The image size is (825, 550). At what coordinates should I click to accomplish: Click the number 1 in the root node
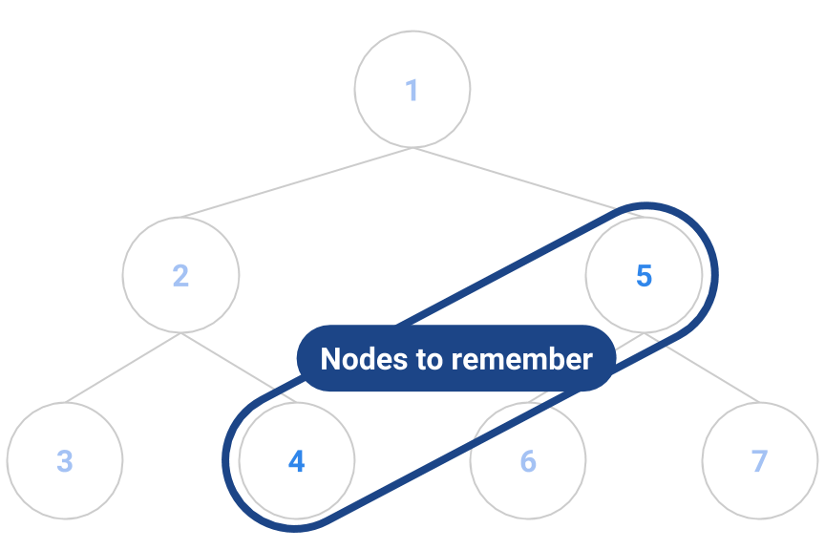click(412, 91)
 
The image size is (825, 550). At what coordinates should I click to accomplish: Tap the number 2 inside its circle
click(180, 276)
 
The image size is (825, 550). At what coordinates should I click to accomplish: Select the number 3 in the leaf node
click(64, 461)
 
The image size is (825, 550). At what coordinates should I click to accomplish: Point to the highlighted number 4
click(296, 462)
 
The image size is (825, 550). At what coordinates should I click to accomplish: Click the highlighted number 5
click(644, 276)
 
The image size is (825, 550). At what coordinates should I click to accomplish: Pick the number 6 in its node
click(528, 461)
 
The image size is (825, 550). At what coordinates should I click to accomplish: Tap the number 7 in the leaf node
click(759, 461)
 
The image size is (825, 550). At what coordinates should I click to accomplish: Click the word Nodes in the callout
click(355, 360)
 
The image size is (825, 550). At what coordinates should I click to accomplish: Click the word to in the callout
click(420, 360)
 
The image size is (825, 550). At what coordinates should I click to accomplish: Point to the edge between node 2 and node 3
click(122, 369)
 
